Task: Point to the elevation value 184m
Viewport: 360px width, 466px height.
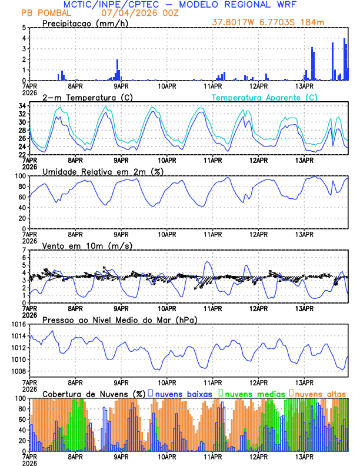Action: tap(313, 23)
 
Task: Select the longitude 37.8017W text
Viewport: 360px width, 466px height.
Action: tap(232, 23)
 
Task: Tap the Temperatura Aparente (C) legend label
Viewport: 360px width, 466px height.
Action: tap(264, 97)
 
